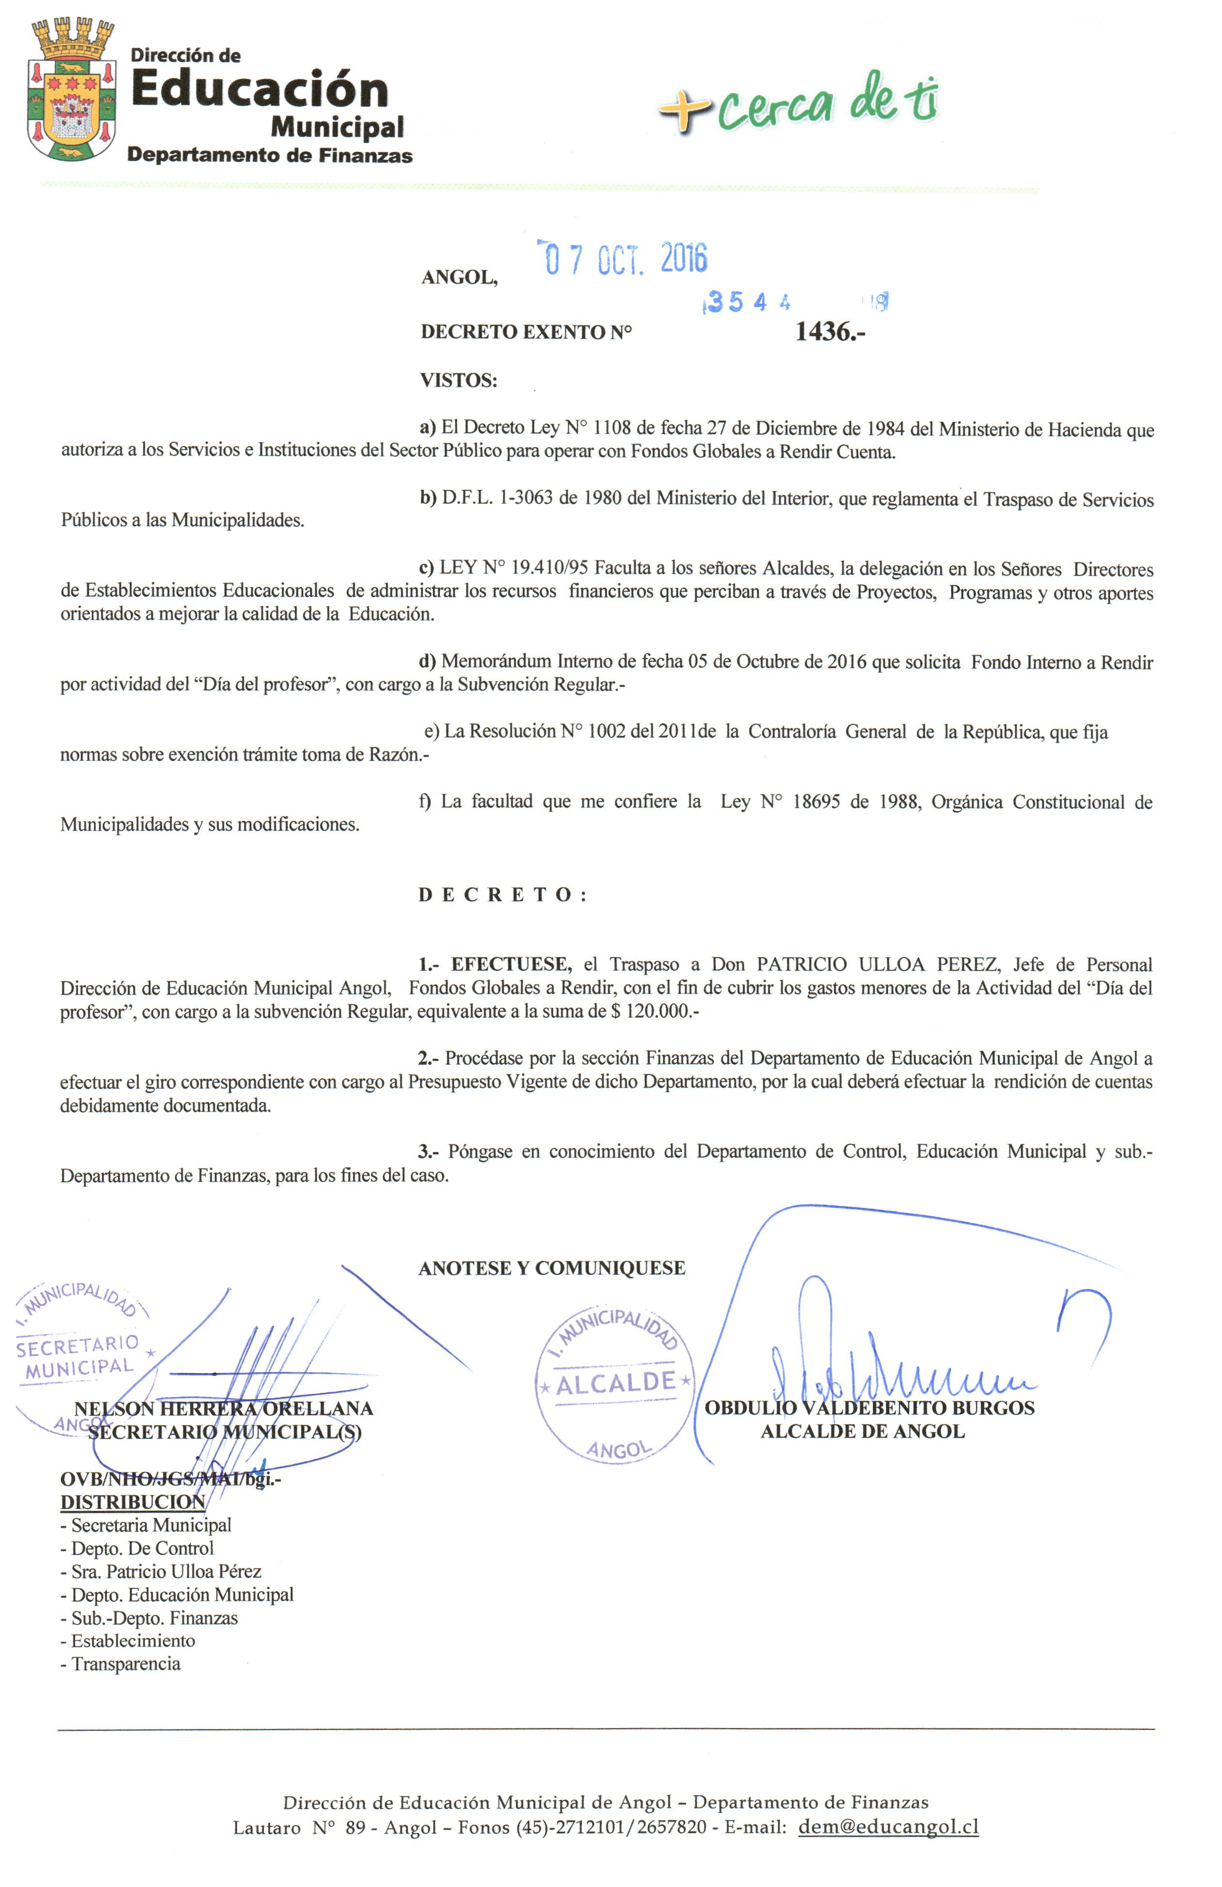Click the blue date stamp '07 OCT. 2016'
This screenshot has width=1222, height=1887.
click(x=623, y=257)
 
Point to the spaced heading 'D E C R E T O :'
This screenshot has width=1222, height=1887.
click(x=503, y=895)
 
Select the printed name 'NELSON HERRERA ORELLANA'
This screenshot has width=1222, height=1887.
click(x=223, y=1409)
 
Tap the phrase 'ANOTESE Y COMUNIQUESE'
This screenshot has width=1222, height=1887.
click(x=551, y=1268)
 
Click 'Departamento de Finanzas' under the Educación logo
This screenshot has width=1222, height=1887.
click(x=270, y=156)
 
